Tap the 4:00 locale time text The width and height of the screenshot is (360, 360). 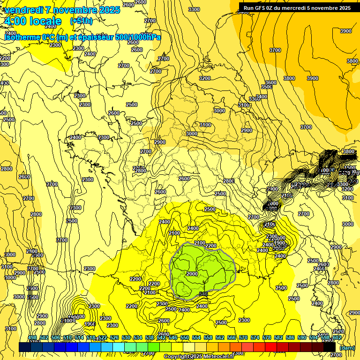[33, 22]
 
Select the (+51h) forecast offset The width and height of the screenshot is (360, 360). [81, 21]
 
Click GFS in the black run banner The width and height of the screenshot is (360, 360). [263, 8]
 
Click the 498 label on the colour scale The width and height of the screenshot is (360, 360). [32, 337]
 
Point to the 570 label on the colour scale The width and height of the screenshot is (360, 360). [243, 337]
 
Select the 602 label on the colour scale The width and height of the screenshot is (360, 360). [337, 337]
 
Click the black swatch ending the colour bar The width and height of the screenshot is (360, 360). [329, 347]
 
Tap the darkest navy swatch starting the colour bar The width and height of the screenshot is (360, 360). [25, 347]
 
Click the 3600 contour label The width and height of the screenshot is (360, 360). [271, 82]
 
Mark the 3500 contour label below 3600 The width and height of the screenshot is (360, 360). [266, 87]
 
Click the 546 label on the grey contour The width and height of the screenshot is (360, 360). [203, 293]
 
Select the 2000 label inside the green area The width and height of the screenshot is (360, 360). [192, 274]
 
